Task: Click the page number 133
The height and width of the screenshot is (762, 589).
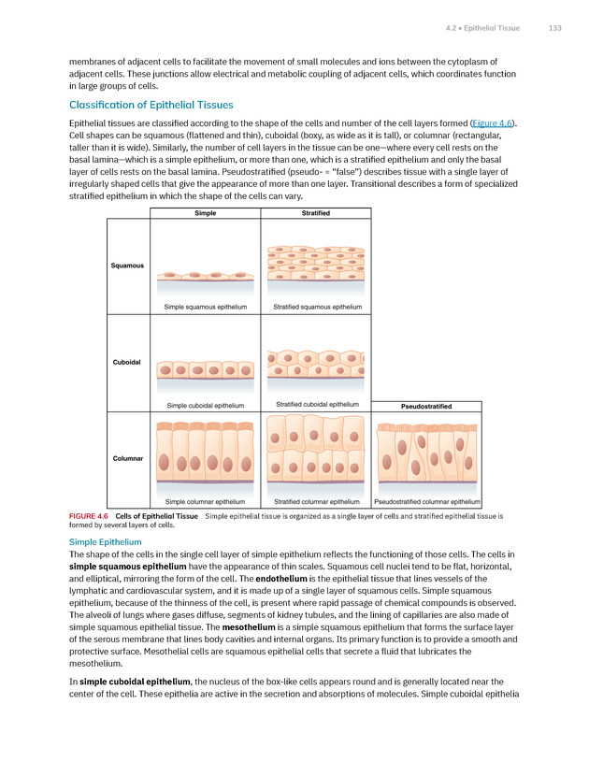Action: (554, 28)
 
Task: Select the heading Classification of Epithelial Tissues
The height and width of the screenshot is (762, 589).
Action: (151, 104)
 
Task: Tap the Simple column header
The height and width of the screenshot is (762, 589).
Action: (205, 213)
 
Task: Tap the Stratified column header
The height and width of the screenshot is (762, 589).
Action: (316, 213)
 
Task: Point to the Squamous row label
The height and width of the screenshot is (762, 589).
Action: (128, 266)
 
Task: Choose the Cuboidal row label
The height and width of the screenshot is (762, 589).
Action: (128, 362)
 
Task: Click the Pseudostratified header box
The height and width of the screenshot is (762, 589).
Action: (426, 407)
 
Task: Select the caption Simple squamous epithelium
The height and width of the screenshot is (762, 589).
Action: (206, 307)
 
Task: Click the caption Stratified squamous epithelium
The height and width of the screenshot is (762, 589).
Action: (317, 307)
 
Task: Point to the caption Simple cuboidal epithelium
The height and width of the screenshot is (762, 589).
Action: (205, 405)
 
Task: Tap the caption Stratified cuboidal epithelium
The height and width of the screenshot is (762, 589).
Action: (317, 404)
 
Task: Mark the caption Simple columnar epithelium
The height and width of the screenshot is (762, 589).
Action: (205, 501)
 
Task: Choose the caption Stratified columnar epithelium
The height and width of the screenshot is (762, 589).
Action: (317, 501)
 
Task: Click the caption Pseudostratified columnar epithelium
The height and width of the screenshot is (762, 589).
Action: (426, 501)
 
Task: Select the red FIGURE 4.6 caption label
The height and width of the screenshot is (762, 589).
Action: (90, 515)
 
